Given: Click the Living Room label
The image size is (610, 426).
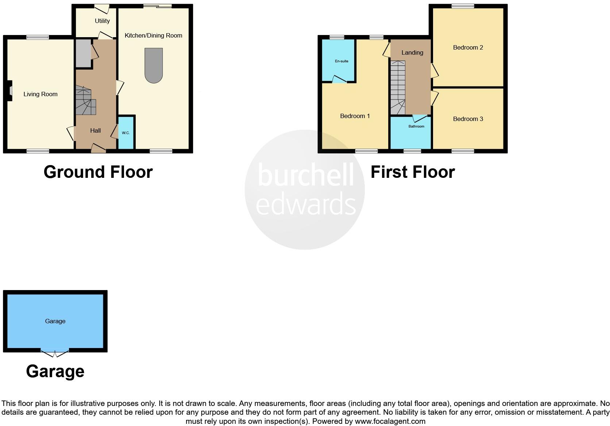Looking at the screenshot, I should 40,94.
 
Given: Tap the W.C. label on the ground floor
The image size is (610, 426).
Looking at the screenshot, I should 126,133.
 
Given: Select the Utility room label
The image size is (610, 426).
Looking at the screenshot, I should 102,21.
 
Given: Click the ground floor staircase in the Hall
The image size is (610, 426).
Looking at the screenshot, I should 86,101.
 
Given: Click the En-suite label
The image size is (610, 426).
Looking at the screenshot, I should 341,61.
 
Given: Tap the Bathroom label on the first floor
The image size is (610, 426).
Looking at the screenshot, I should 416,126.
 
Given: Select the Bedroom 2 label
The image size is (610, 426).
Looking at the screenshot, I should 468,48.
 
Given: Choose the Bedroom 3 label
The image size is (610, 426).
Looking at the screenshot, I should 468,119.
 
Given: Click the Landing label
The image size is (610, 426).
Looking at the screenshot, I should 412,53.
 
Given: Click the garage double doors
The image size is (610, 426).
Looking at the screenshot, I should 55,352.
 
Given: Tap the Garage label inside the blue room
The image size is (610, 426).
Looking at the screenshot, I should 55,321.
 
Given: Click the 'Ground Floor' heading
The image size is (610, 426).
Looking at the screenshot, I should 98,172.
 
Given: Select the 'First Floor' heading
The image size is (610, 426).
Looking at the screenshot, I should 413,172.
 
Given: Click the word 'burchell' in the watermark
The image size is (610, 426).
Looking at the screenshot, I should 306,175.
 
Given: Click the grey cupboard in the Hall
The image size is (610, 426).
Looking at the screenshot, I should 83,53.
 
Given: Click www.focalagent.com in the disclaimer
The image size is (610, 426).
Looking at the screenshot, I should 390,422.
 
